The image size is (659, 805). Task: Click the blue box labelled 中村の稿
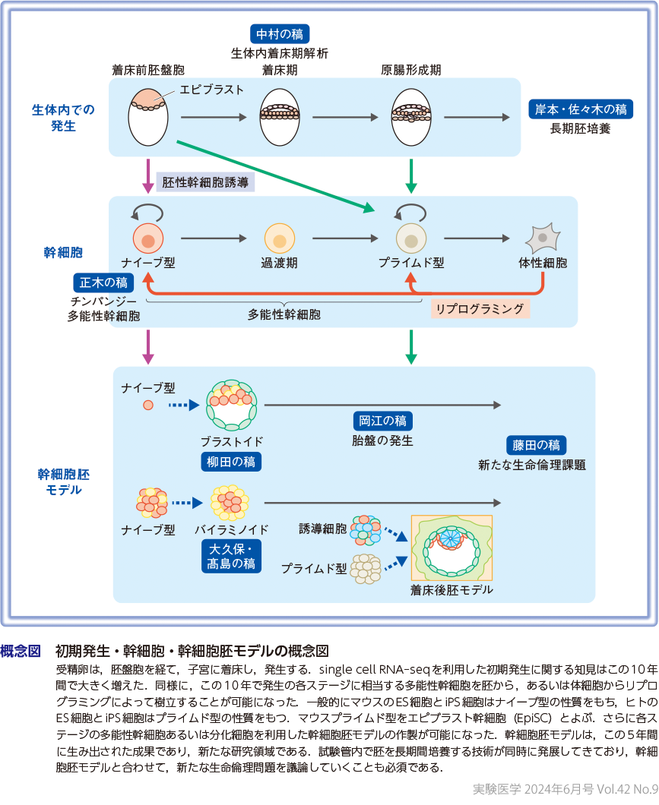coord(279,35)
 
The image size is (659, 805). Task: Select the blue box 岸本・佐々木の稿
coord(581,109)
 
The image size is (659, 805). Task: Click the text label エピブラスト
coord(211,90)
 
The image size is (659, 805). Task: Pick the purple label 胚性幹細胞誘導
coord(205,182)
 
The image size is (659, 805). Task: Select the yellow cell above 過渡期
coord(279,240)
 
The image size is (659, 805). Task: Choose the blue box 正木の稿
coord(104,283)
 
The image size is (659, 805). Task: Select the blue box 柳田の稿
coord(233,461)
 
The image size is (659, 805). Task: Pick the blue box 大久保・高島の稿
coord(233,557)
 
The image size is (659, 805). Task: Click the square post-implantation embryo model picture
coord(451,548)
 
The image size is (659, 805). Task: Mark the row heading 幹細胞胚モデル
coord(64,481)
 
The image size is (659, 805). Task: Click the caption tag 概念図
coord(21,651)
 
